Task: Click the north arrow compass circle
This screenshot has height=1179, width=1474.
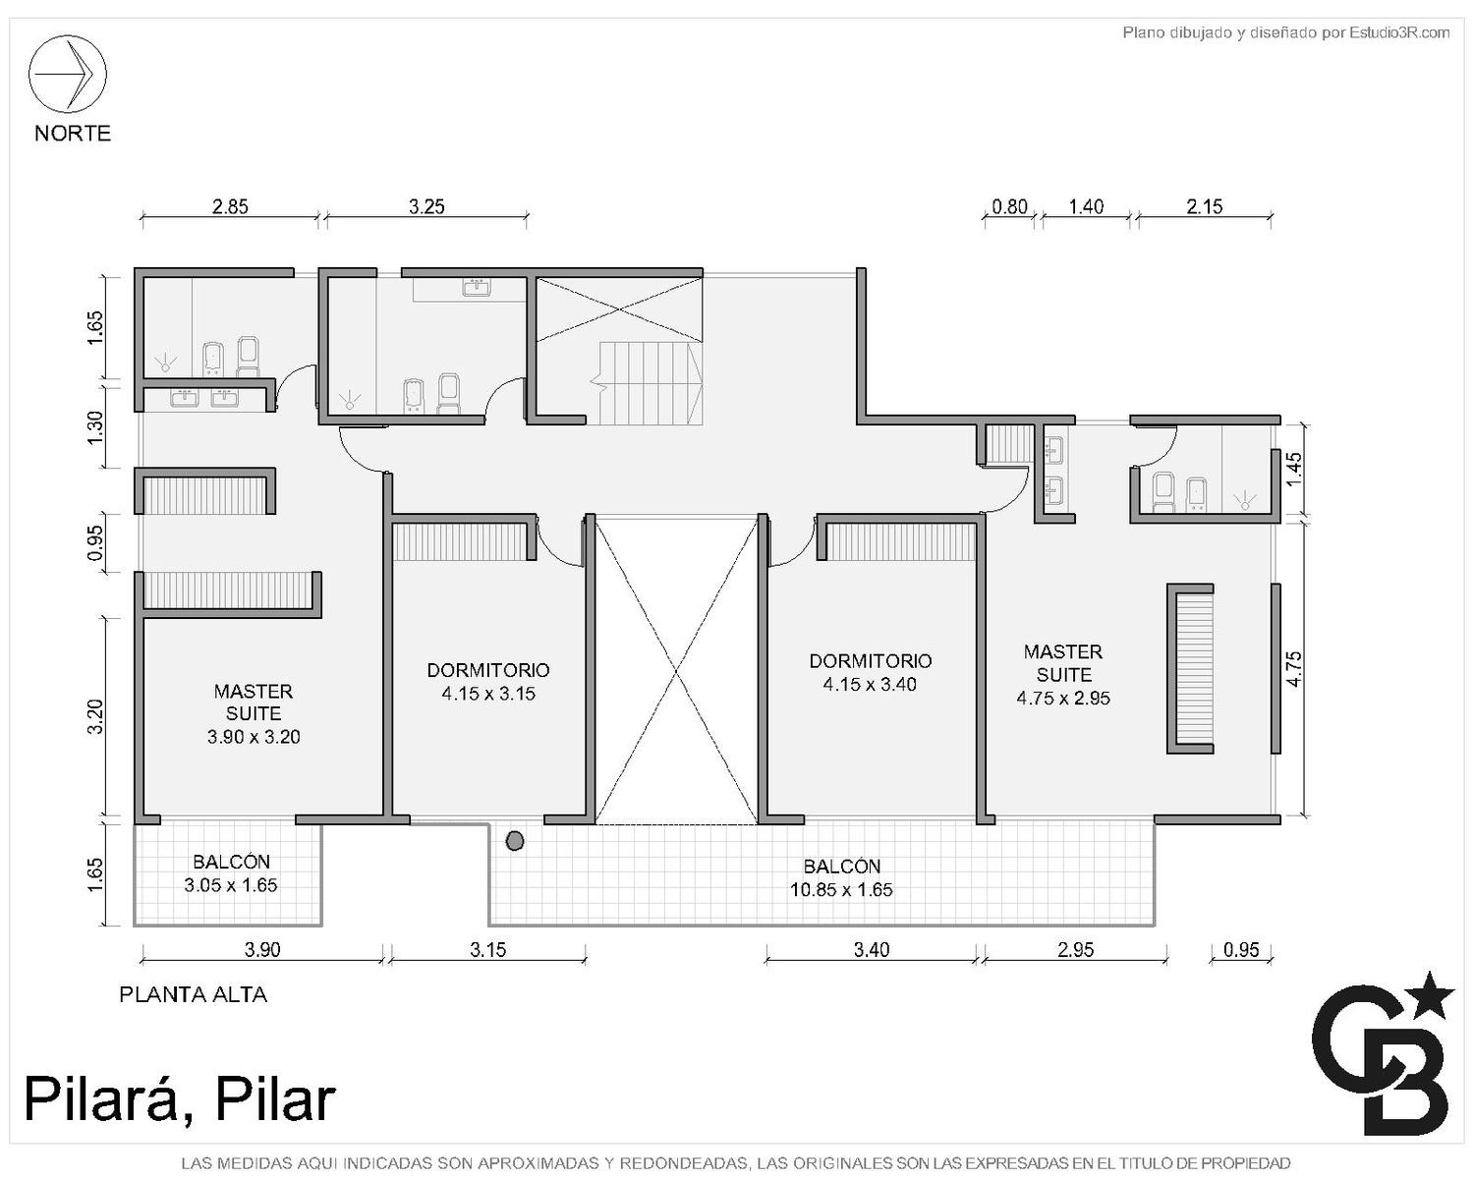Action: point(67,74)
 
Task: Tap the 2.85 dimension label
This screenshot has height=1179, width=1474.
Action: point(230,206)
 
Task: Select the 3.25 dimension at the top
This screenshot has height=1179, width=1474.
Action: point(426,206)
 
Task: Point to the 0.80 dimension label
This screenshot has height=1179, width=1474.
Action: point(1009,206)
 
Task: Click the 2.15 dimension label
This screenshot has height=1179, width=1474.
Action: point(1204,206)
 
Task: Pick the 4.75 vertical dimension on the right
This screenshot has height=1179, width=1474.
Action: point(1294,668)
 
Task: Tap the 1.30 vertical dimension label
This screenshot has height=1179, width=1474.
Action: point(95,426)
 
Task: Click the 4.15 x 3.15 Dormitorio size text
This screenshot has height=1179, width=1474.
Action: point(487,694)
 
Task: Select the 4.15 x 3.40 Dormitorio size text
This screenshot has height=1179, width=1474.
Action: point(870,684)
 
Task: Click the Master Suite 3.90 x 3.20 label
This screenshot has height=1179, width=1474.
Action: point(254,713)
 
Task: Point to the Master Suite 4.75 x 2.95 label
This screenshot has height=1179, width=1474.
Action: point(1063,675)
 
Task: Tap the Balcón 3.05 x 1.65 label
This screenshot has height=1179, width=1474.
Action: point(231,873)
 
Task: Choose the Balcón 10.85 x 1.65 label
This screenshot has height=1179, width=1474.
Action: point(842,878)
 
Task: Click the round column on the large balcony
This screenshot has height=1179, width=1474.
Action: point(514,841)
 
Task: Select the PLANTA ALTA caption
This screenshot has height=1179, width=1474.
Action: point(194,994)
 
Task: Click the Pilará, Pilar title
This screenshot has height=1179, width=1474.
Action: point(180,1099)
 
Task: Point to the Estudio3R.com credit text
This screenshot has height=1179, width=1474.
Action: point(1285,32)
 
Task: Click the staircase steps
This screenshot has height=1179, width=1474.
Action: point(650,383)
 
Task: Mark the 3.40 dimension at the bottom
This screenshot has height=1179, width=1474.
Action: point(872,949)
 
